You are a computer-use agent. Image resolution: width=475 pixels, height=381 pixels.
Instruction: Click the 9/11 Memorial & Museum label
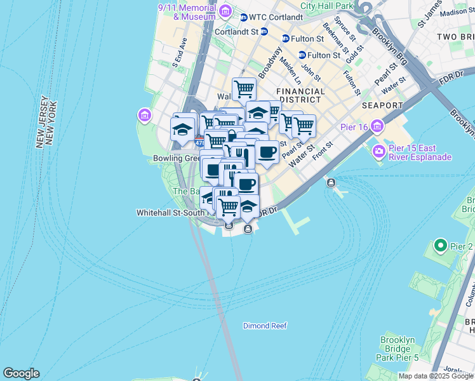pyautogui.click(x=187, y=12)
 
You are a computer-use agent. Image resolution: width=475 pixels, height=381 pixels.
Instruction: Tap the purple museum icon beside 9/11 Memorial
pyautogui.click(x=224, y=11)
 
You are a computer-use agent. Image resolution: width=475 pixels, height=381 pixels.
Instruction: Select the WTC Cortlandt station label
pyautogui.click(x=267, y=17)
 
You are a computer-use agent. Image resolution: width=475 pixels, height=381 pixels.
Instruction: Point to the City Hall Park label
pyautogui.click(x=326, y=6)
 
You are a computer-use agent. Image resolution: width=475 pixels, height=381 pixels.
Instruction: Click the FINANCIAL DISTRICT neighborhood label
pyautogui.click(x=301, y=96)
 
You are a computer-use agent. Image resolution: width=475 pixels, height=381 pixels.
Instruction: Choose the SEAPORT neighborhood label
pyautogui.click(x=382, y=105)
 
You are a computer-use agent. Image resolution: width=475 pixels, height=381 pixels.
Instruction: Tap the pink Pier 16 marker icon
pyautogui.click(x=378, y=126)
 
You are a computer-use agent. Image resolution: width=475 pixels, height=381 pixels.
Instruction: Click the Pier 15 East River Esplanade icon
pyautogui.click(x=380, y=151)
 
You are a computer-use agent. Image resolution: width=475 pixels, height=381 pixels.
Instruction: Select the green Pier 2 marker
pyautogui.click(x=440, y=245)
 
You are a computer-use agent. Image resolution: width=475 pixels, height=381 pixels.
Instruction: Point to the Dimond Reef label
pyautogui.click(x=265, y=326)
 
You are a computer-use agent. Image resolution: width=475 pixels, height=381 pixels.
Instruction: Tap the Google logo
pyautogui.click(x=21, y=373)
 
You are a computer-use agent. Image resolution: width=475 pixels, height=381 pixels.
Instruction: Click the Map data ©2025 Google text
pyautogui.click(x=435, y=376)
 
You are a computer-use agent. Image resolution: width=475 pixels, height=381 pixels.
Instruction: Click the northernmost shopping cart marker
pyautogui.click(x=244, y=88)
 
